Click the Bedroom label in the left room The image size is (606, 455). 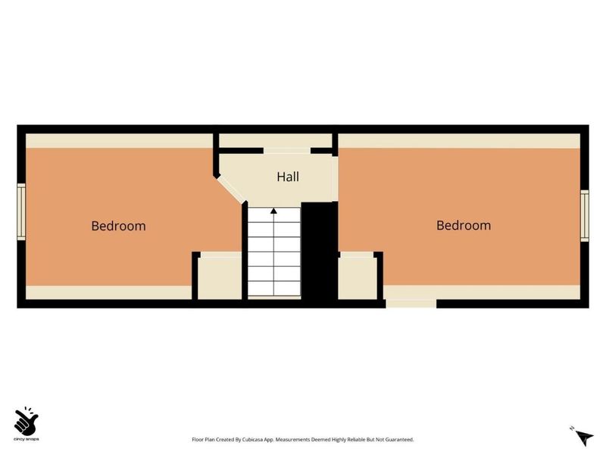pyautogui.click(x=118, y=226)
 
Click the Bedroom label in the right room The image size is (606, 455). pyautogui.click(x=464, y=225)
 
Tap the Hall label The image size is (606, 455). pyautogui.click(x=288, y=177)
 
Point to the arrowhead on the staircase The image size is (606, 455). pyautogui.click(x=273, y=211)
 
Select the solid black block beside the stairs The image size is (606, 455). pyautogui.click(x=319, y=250)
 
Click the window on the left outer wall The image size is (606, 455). pyautogui.click(x=22, y=212)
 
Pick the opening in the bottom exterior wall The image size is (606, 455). pyautogui.click(x=411, y=304)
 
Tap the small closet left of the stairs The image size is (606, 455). pyautogui.click(x=220, y=278)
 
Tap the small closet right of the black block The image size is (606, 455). pyautogui.click(x=356, y=278)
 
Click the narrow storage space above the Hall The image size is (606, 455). pyautogui.click(x=276, y=140)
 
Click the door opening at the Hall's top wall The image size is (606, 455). pyautogui.click(x=287, y=151)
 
